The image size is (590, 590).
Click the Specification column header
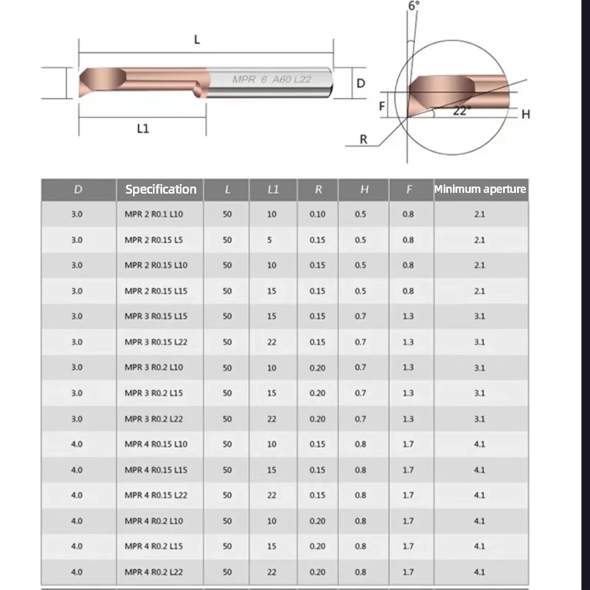161,190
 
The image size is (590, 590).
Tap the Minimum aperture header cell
480,189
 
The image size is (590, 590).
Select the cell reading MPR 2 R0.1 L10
154,214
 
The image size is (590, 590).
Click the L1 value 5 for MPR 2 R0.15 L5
270,240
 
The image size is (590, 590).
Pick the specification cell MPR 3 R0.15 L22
156,342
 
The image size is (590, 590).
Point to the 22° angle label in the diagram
462,111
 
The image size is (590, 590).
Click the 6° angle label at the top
414,6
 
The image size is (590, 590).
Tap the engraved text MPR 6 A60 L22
272,79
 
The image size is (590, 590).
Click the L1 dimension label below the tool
143,129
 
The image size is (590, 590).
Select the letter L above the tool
197,39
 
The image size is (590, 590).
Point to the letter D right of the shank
361,83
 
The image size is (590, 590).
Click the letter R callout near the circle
363,140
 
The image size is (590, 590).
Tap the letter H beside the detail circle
526,114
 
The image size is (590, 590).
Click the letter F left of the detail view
382,106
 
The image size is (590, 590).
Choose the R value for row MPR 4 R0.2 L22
317,572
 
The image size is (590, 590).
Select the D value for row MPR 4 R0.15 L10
77,444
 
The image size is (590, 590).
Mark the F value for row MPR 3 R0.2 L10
408,368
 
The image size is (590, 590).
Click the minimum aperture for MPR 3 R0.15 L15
480,316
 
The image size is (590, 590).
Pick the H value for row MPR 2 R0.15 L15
361,291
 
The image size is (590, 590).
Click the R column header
318,190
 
